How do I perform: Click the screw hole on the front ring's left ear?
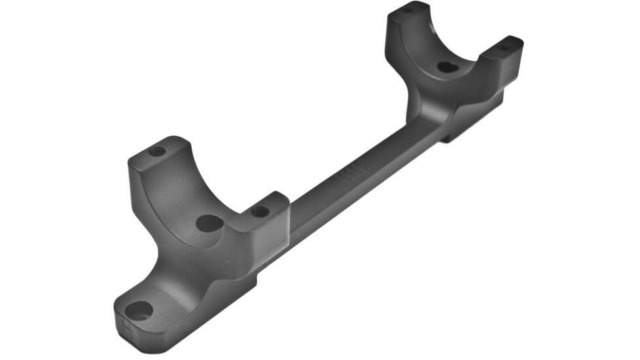(x=157, y=151)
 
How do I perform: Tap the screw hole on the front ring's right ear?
(x=260, y=211)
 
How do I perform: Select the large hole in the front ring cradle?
(x=209, y=223)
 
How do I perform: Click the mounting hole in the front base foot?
(x=139, y=310)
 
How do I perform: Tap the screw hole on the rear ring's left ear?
(x=408, y=10)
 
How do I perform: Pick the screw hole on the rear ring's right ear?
(x=505, y=46)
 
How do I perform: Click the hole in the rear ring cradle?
(x=447, y=67)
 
